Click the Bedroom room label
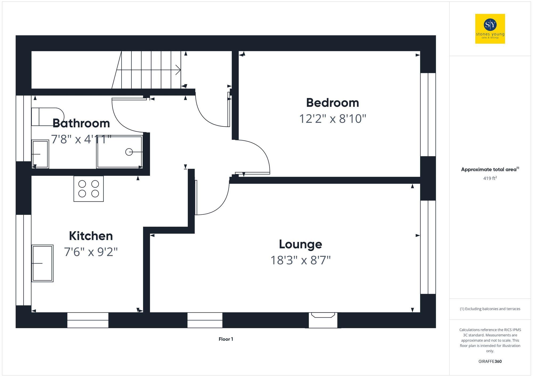[332, 103]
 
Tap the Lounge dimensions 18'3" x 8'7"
[300, 260]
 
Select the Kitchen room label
[91, 236]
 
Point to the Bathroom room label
[81, 123]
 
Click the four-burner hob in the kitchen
[88, 189]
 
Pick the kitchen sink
[42, 263]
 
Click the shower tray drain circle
[129, 152]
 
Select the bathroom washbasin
[40, 154]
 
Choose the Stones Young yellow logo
[490, 29]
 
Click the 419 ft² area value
[490, 178]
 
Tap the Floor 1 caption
[226, 339]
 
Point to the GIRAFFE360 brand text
[490, 362]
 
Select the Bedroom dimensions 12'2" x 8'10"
[332, 119]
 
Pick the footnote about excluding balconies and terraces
[490, 309]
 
